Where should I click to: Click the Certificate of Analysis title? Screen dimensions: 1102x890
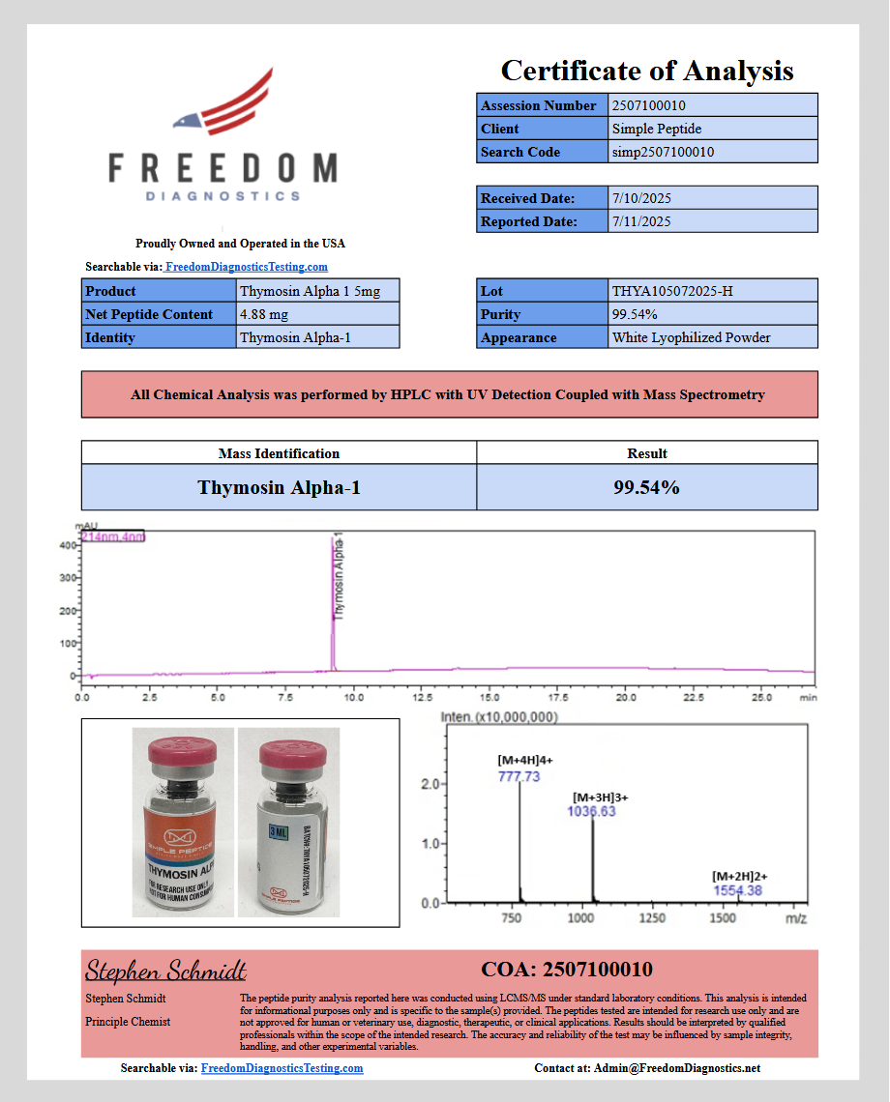(647, 71)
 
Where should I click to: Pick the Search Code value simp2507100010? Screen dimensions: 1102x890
(663, 152)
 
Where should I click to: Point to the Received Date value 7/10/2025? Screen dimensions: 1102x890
(641, 198)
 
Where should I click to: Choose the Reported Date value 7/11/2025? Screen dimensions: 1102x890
(641, 221)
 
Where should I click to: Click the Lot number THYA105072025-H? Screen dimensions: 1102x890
(672, 291)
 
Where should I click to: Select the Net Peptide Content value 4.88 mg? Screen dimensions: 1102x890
(263, 314)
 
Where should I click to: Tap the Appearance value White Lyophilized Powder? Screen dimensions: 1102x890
(691, 337)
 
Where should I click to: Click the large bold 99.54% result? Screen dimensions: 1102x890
(646, 487)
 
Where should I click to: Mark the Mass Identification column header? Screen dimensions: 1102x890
(279, 453)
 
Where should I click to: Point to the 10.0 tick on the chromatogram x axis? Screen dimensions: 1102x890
(354, 696)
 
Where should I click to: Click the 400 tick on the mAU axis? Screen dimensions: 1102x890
(68, 545)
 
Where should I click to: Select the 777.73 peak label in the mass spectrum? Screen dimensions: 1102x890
(519, 776)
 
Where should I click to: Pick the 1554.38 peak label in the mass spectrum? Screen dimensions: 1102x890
(737, 890)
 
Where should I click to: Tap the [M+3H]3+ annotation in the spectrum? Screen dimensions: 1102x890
(600, 797)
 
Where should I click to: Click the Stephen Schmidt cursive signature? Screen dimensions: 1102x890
(165, 971)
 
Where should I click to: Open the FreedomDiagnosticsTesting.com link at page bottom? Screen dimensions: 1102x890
(282, 1068)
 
